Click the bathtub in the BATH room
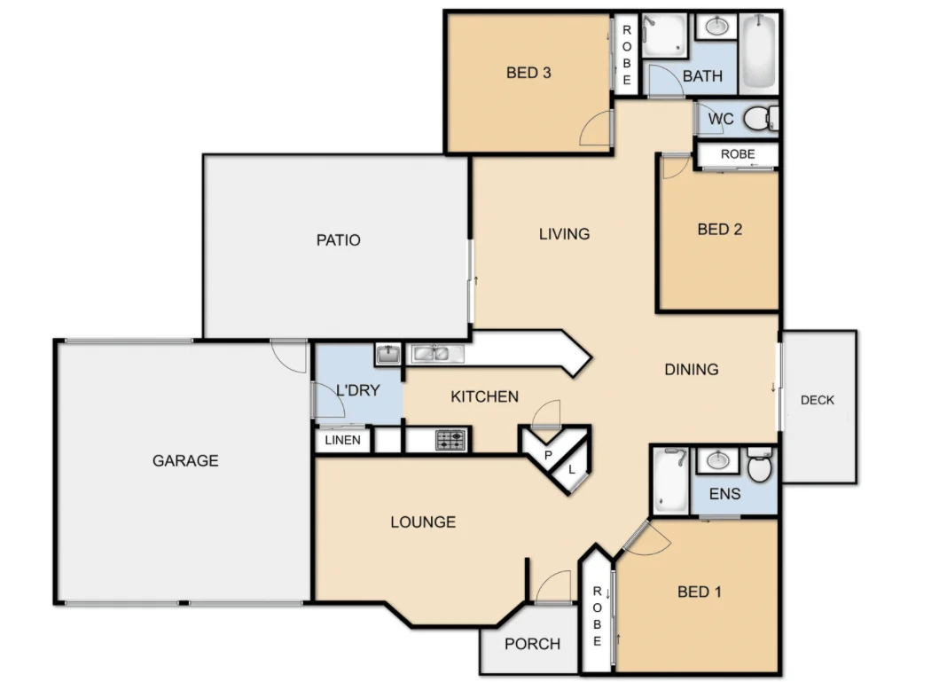click(x=758, y=52)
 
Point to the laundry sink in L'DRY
click(x=387, y=355)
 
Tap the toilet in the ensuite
click(x=759, y=465)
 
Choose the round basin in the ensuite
click(x=716, y=459)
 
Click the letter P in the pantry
click(x=548, y=455)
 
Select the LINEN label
click(x=343, y=440)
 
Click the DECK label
click(x=817, y=400)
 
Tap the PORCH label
click(x=532, y=644)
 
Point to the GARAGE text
click(x=185, y=460)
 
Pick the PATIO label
click(x=339, y=239)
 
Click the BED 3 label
click(x=528, y=73)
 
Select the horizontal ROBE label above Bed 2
click(x=737, y=154)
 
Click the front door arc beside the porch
click(x=552, y=586)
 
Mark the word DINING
click(x=691, y=369)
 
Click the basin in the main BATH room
click(x=716, y=27)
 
